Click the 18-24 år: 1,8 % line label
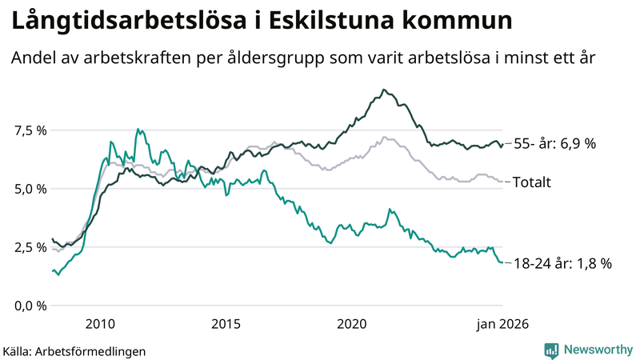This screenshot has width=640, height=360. point(562,262)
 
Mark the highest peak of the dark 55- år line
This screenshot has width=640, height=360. point(384,90)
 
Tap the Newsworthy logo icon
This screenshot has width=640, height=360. point(551,350)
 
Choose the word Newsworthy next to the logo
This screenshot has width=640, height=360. point(598,350)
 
